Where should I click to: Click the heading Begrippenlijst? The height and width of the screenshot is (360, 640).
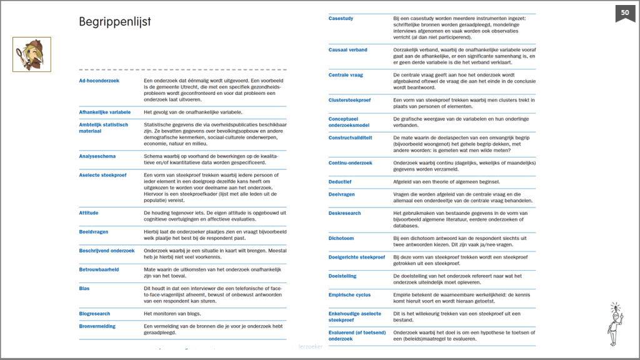coord(114,22)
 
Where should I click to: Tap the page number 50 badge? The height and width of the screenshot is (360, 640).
coord(625,12)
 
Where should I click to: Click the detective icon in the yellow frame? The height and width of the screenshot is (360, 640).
coord(32,54)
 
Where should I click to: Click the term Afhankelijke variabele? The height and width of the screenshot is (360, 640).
coord(104,112)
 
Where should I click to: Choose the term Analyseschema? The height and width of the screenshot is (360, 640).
coord(97,156)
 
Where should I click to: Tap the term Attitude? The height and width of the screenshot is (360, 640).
coord(89,213)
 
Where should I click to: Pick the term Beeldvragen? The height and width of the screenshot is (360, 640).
coord(94,232)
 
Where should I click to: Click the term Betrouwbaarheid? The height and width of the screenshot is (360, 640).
coord(99,270)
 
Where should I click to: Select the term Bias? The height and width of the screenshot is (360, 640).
coord(84,289)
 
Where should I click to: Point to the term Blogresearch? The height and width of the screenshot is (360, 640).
coord(94,314)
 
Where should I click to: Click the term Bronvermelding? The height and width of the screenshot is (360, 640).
coord(98,326)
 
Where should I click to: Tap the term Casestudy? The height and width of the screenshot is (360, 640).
coord(341,18)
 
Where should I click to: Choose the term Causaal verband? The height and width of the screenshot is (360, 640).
coord(348,50)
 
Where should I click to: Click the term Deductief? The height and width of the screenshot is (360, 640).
coord(341,182)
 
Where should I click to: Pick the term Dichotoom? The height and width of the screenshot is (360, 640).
coord(342,238)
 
